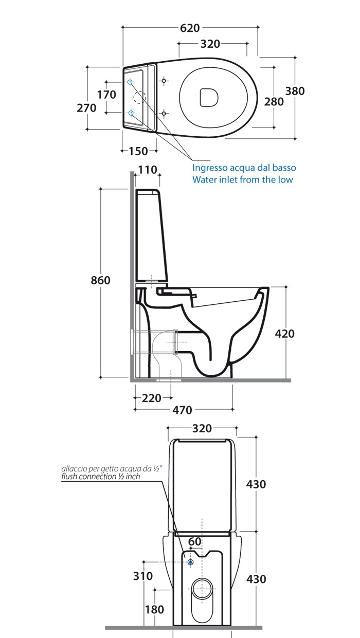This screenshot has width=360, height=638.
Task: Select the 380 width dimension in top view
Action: click(295, 91)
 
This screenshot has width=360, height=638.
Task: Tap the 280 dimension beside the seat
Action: click(274, 101)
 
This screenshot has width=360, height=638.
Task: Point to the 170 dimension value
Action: click(106, 95)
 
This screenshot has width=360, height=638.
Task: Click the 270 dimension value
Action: click(86, 108)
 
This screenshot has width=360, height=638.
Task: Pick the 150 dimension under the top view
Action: click(138, 151)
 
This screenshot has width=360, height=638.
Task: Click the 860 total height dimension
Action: click(100, 280)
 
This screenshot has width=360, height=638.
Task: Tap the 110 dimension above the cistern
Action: click(147, 171)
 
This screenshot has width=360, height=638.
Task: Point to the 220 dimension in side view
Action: click(152, 397)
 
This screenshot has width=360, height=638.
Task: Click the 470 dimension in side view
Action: click(182, 410)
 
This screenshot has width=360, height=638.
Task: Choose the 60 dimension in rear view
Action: click(194, 541)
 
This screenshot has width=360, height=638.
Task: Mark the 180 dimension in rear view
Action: click(154, 609)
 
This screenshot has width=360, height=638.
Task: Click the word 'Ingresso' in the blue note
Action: click(209, 168)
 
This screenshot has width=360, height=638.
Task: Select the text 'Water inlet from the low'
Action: click(242, 179)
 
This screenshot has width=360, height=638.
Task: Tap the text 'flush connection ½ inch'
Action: click(100, 477)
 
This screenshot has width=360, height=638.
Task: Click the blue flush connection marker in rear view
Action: click(190, 562)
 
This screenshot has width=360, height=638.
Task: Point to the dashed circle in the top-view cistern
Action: click(139, 97)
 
